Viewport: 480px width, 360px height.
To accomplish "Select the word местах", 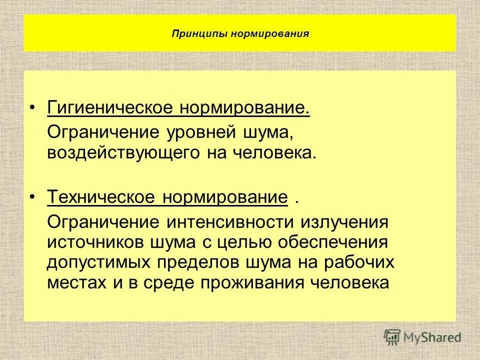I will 73,282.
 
